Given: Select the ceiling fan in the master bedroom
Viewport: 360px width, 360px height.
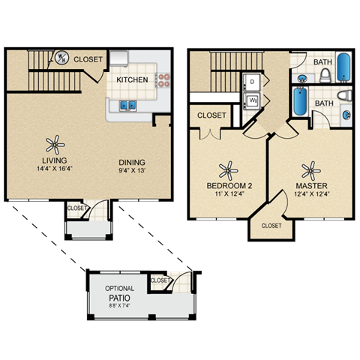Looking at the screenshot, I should tap(308, 169).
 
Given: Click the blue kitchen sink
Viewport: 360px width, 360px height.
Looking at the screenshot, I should tap(127, 105).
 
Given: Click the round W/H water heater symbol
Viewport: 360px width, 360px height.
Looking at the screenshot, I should tap(63, 56).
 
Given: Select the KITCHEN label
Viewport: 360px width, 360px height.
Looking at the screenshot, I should tap(131, 79).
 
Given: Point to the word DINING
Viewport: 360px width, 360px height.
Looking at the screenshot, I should tap(131, 162).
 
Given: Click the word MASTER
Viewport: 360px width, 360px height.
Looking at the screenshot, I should tap(308, 185).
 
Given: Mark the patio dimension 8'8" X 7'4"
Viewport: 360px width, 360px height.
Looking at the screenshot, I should tap(119, 306).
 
